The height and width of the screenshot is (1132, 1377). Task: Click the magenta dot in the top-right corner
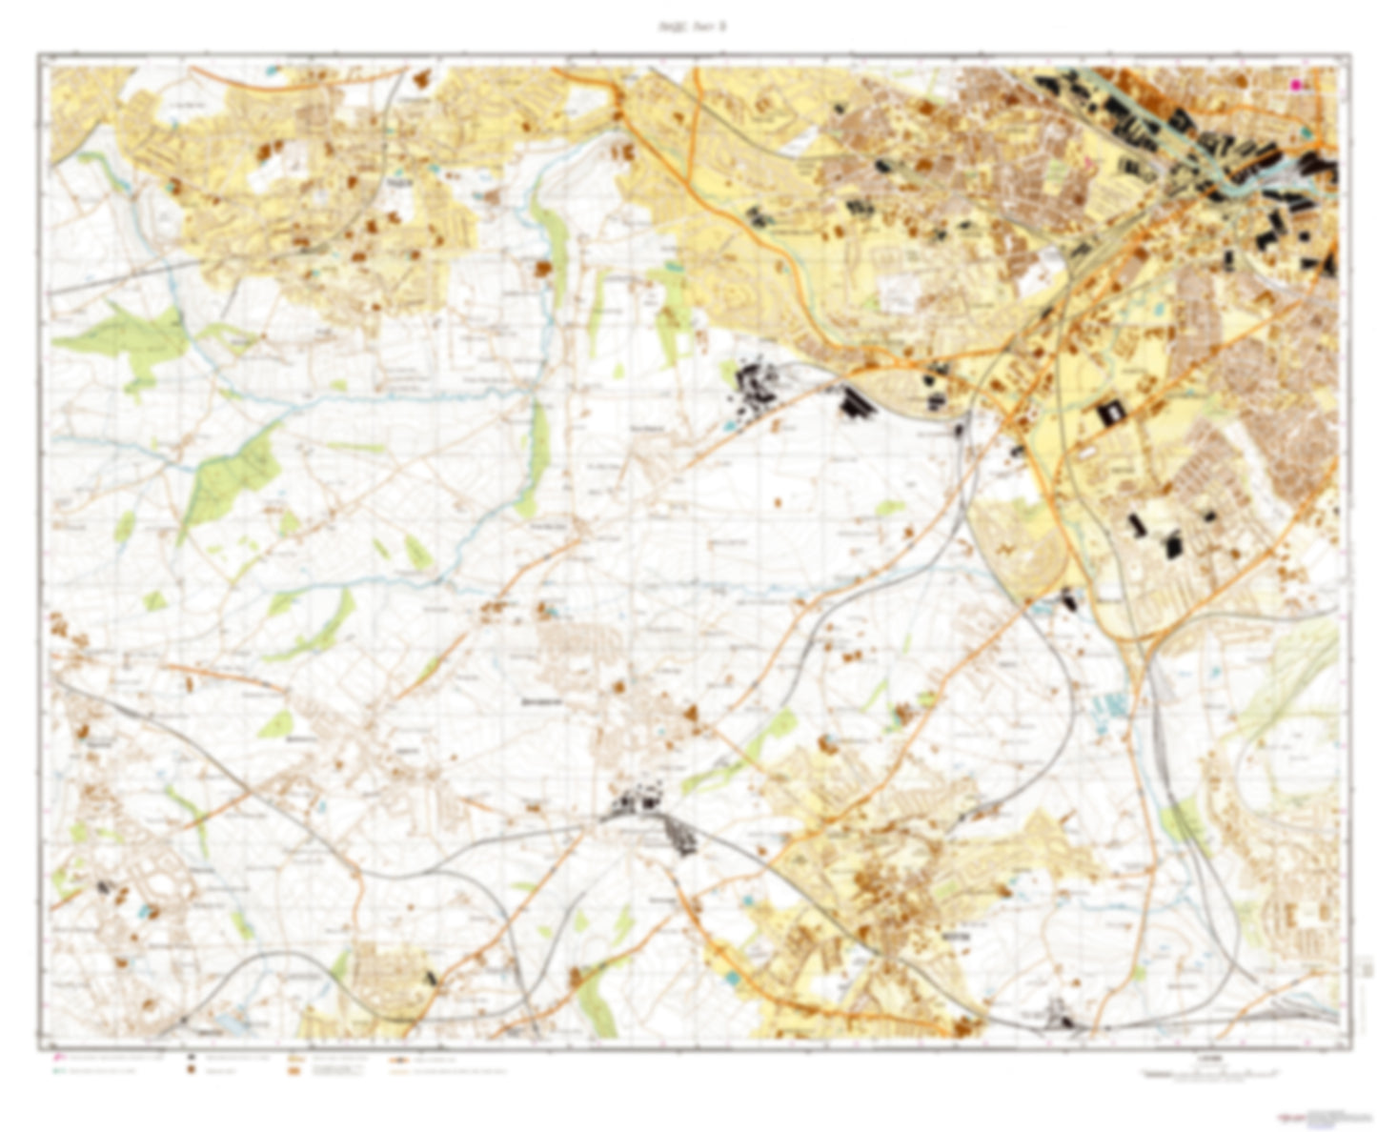1296,85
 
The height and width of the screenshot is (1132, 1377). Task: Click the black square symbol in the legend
192,1058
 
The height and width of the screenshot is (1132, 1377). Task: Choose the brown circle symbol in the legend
192,1071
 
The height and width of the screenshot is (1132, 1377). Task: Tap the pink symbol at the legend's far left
57,1058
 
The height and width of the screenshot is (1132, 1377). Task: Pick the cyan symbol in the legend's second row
57,1071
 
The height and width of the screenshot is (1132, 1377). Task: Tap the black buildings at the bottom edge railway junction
1060,1015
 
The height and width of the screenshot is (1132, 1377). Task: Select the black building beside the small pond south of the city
1067,600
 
